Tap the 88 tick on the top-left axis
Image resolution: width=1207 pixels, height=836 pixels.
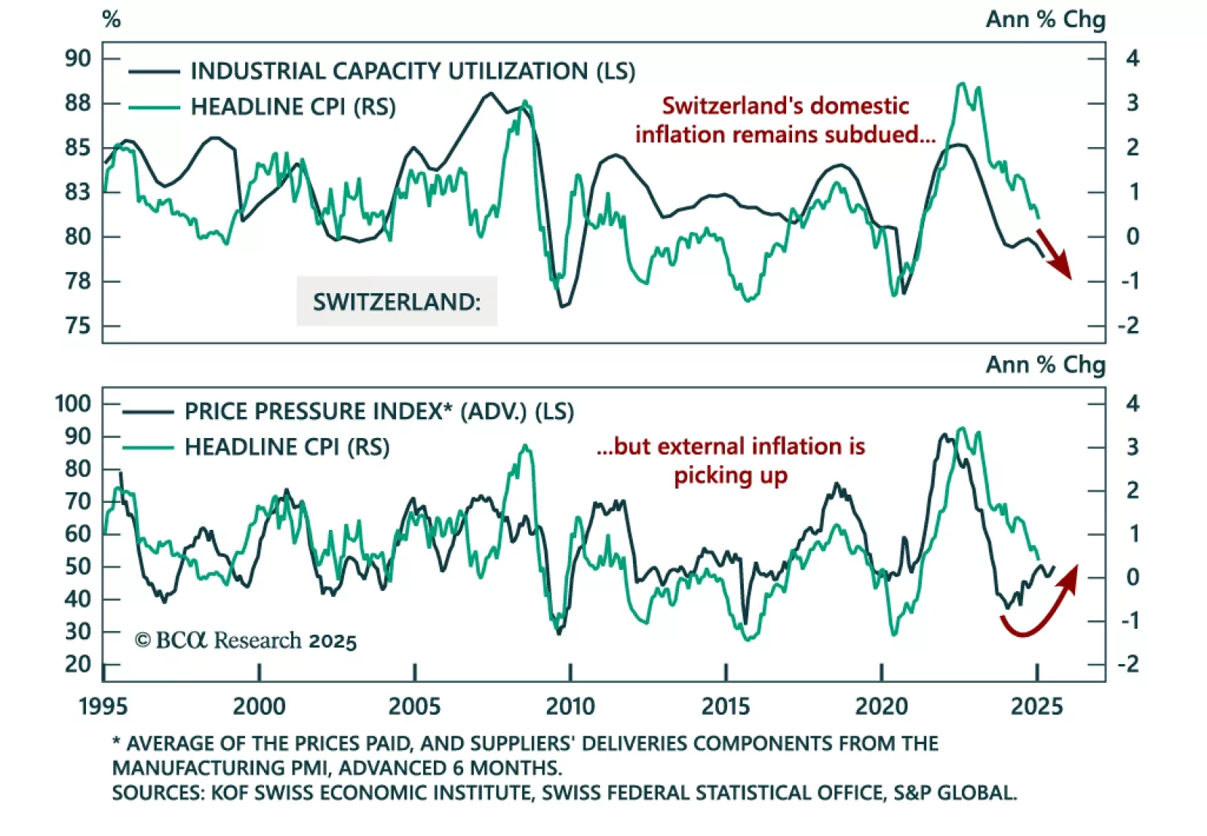(78, 103)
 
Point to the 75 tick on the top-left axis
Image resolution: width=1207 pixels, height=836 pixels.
(78, 326)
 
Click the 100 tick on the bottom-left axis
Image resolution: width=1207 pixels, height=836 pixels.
(73, 403)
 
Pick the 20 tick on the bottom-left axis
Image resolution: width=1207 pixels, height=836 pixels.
(78, 664)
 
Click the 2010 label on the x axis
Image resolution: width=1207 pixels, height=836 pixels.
(570, 706)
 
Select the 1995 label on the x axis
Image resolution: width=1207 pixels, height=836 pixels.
(103, 706)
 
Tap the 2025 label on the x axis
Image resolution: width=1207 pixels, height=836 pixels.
(1037, 706)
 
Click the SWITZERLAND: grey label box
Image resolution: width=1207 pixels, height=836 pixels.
(397, 302)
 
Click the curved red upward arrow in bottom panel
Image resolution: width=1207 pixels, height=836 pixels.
(1041, 607)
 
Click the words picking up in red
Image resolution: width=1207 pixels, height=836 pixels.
(730, 476)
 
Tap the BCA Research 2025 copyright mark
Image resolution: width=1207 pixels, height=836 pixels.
(246, 641)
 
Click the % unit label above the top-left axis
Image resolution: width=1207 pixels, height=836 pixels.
(112, 19)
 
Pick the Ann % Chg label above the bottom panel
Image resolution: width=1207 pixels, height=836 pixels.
(1045, 365)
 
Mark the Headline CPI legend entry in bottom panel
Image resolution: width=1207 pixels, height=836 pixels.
(287, 447)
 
